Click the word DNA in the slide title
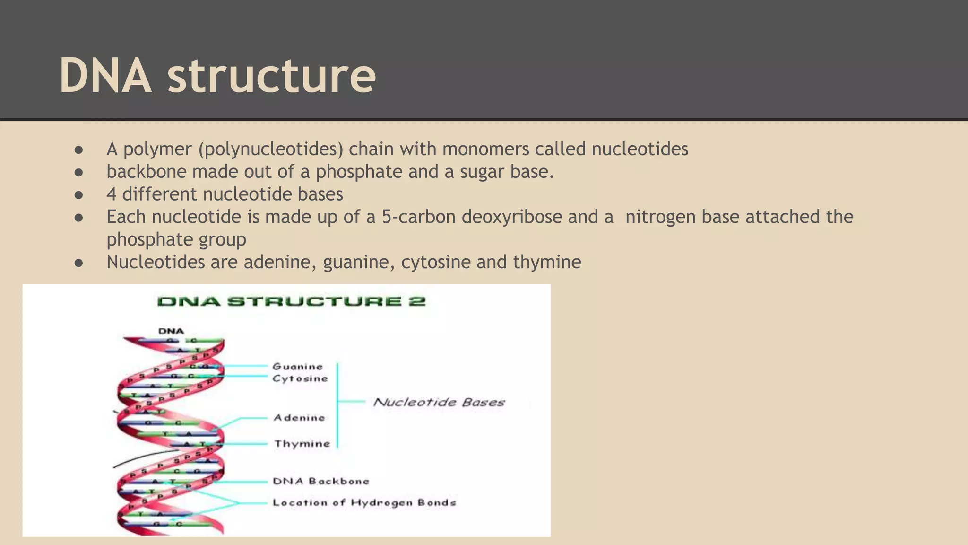tap(105, 76)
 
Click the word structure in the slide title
tap(272, 76)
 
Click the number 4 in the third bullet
tap(111, 194)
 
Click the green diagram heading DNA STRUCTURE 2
tap(291, 301)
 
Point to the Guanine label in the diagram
tap(298, 366)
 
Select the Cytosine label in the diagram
tap(300, 378)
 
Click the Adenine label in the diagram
tap(299, 418)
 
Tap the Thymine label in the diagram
tap(302, 444)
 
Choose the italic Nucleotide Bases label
tap(439, 402)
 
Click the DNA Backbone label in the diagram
tap(321, 481)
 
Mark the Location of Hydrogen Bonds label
tap(364, 502)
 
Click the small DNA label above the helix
tap(171, 331)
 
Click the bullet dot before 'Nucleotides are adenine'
tap(79, 263)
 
